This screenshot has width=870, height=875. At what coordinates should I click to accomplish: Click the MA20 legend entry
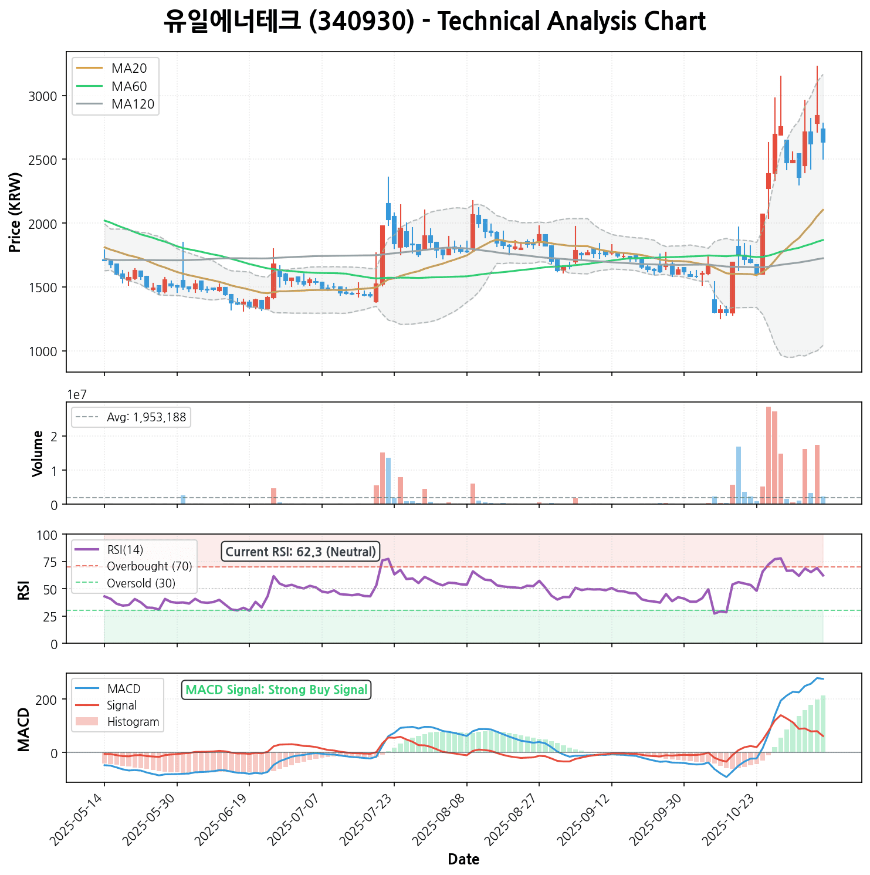click(x=129, y=69)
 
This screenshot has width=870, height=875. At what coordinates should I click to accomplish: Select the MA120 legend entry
click(x=133, y=104)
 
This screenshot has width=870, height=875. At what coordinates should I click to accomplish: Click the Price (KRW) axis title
click(x=16, y=212)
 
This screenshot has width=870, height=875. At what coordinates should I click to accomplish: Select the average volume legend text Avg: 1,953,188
click(x=146, y=418)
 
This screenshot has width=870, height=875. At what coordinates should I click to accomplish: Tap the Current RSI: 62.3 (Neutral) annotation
click(x=300, y=552)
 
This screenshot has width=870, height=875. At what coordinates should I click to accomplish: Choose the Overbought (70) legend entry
click(x=149, y=567)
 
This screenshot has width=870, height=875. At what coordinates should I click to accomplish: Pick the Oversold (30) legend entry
click(x=141, y=584)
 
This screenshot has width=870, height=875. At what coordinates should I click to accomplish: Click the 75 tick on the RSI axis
click(x=50, y=562)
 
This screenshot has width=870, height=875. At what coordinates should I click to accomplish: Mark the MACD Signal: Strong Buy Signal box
click(x=276, y=690)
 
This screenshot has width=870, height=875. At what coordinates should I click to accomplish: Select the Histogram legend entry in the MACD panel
click(x=133, y=722)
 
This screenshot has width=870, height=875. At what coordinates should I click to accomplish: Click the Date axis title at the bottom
click(x=463, y=860)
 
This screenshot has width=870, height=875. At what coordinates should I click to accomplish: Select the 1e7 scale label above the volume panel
click(x=77, y=395)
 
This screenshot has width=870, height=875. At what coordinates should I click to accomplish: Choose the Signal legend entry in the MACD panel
click(x=122, y=706)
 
